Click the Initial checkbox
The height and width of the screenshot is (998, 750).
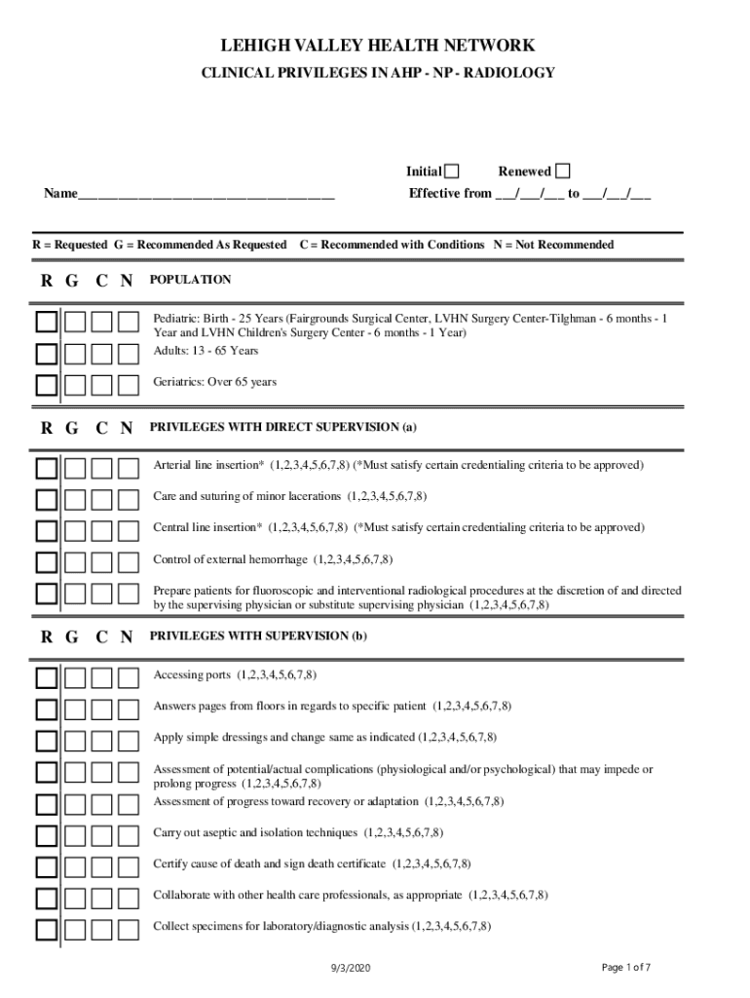point(452,172)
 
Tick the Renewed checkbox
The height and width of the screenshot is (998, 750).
point(563,172)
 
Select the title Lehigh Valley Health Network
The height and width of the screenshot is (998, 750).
point(377,46)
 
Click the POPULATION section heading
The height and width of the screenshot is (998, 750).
point(190,280)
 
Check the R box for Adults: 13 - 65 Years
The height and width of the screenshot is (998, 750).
point(47,354)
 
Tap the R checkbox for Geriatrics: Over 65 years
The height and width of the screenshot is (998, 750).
point(47,385)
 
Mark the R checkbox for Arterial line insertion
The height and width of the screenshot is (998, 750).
point(47,469)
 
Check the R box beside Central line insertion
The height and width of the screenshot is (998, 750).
point(47,531)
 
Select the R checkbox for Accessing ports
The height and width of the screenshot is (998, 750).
point(47,678)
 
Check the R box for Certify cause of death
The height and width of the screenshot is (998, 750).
point(47,866)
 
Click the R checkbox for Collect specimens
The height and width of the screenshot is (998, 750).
point(47,929)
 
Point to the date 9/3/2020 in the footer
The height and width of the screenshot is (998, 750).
point(351,968)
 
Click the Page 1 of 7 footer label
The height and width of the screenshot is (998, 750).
point(626,967)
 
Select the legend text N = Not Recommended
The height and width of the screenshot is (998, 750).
point(553,245)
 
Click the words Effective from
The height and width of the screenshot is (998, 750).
point(450,193)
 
